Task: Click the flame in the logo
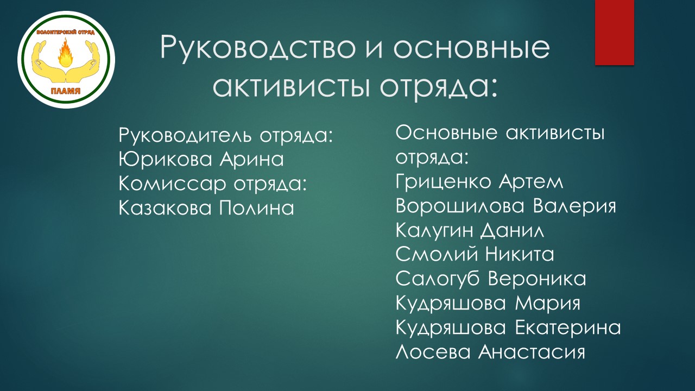66,52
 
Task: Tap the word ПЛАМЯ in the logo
66,91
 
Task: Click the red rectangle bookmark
614,32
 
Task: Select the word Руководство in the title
258,48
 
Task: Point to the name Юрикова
166,159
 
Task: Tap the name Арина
251,159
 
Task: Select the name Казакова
165,208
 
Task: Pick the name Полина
257,208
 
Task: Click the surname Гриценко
444,181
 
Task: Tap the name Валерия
574,206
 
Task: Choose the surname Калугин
435,231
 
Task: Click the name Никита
520,255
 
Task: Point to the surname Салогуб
438,279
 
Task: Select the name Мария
548,304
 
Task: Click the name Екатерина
568,327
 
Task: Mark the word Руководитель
185,136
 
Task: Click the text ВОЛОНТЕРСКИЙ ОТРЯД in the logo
66,33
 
